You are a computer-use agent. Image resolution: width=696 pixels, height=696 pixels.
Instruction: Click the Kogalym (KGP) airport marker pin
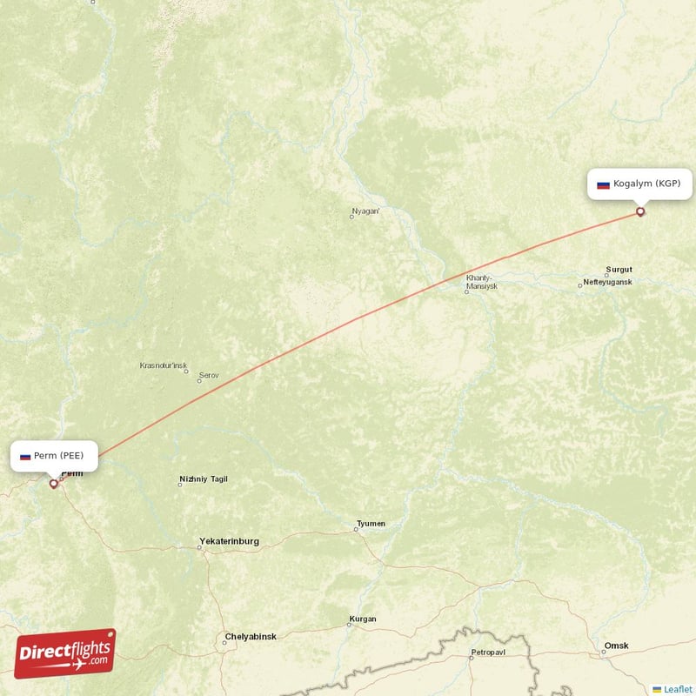pos(641,211)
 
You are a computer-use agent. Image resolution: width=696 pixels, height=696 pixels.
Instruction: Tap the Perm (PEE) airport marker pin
pos(54,483)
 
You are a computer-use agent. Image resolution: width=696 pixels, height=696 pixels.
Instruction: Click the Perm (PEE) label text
pos(60,456)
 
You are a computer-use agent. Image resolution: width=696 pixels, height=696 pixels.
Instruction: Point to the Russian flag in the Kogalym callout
pos(602,184)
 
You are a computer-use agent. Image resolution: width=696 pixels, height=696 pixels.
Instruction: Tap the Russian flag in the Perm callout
pos(25,456)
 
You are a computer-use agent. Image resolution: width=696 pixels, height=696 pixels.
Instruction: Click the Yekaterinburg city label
pos(229,541)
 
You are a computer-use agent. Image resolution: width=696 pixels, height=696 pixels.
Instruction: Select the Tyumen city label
pos(371,524)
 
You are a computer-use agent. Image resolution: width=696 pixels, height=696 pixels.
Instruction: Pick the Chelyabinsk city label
pos(250,637)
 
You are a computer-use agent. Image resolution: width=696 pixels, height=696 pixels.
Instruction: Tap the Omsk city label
pos(617,646)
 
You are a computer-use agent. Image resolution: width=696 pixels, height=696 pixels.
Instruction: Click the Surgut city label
pos(619,270)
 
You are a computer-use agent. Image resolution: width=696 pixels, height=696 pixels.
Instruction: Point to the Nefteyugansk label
pos(607,282)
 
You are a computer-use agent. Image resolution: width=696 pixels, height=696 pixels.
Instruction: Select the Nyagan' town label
pos(365,211)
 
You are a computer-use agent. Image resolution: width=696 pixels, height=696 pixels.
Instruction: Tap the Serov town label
pos(209,376)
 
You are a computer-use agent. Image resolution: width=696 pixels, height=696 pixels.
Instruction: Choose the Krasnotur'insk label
pos(163,365)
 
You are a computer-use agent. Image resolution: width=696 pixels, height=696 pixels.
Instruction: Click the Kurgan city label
pos(362,619)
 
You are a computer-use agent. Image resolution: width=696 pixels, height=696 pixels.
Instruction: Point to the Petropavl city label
pos(487,652)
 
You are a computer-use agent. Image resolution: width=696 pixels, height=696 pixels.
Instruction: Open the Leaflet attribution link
pos(677,689)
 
